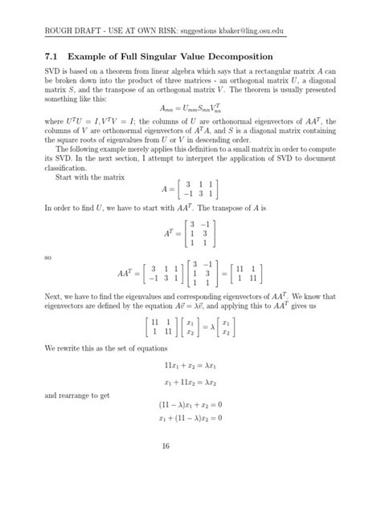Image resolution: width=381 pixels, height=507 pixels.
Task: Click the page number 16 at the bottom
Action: click(190, 464)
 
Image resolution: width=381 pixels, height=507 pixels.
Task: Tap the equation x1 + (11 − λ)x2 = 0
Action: click(190, 418)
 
